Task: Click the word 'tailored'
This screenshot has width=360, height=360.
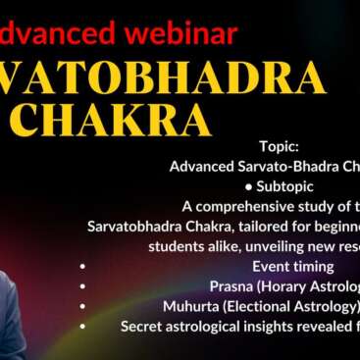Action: tap(246, 226)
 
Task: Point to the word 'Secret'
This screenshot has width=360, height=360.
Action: tap(143, 326)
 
